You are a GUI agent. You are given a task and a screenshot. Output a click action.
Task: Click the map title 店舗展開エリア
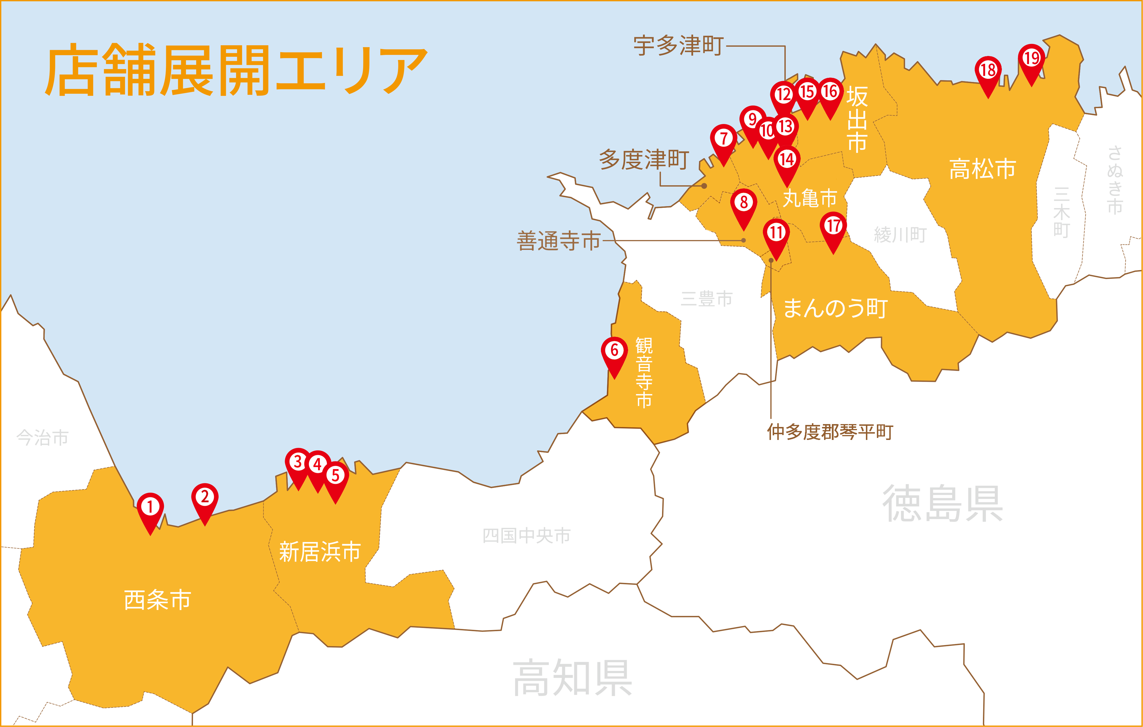click(x=236, y=70)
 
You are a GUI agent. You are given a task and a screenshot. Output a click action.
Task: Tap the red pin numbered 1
click(x=150, y=508)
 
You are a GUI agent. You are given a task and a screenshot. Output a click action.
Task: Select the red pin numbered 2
click(x=205, y=498)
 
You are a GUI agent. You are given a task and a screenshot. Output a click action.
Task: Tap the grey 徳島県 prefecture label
click(x=942, y=504)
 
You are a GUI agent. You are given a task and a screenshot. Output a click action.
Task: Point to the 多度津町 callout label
click(x=644, y=160)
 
